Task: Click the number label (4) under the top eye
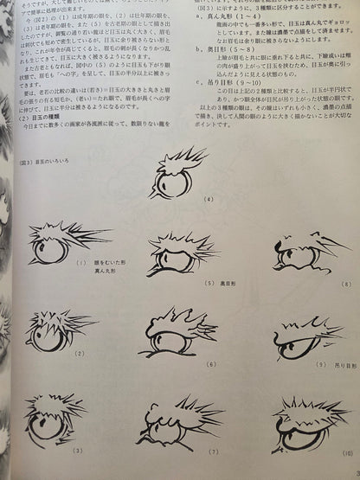coord(209,223)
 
